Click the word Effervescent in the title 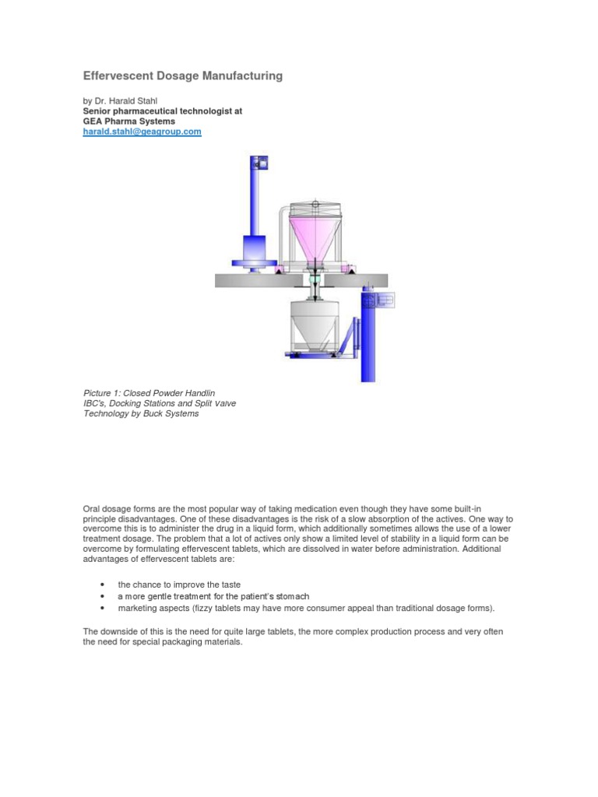(x=119, y=76)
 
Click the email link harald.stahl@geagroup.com (x=142, y=132)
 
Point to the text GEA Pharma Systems (x=128, y=121)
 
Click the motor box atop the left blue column (x=259, y=164)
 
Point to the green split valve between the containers (x=314, y=277)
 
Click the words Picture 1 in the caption (x=101, y=393)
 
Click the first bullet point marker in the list (x=104, y=585)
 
